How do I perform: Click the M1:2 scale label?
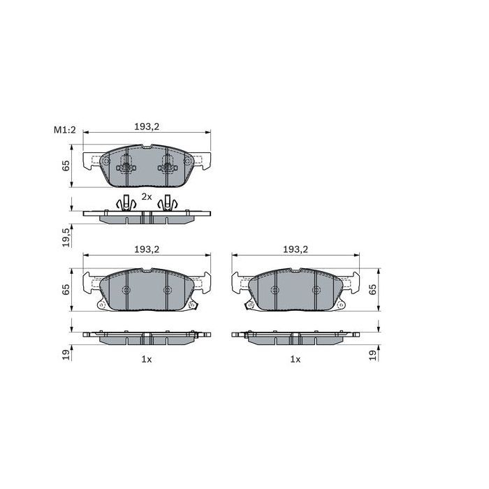(x=64, y=129)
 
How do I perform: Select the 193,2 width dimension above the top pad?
(x=147, y=126)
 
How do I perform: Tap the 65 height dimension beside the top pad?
(x=66, y=166)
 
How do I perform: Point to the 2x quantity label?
(x=146, y=197)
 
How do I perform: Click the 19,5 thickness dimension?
(x=66, y=237)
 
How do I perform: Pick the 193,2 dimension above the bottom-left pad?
(x=147, y=249)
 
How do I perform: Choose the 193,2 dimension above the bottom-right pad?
(x=295, y=249)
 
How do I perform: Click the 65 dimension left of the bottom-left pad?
(x=66, y=289)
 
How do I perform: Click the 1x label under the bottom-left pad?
(x=146, y=359)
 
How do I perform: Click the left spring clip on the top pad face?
(x=126, y=166)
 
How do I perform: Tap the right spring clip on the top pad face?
(x=167, y=166)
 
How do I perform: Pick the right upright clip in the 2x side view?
(x=168, y=204)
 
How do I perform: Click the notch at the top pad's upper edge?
(x=146, y=147)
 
